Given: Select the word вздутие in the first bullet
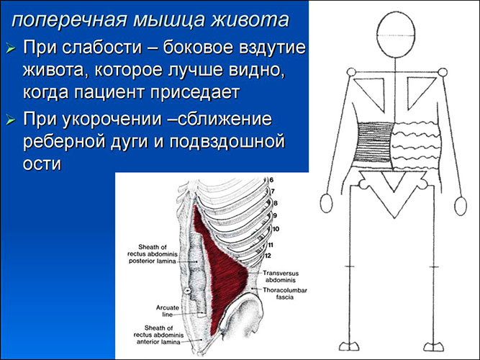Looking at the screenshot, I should click(270, 49).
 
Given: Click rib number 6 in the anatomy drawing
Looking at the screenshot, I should click(272, 180).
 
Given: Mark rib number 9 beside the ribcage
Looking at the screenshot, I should click(276, 215).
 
